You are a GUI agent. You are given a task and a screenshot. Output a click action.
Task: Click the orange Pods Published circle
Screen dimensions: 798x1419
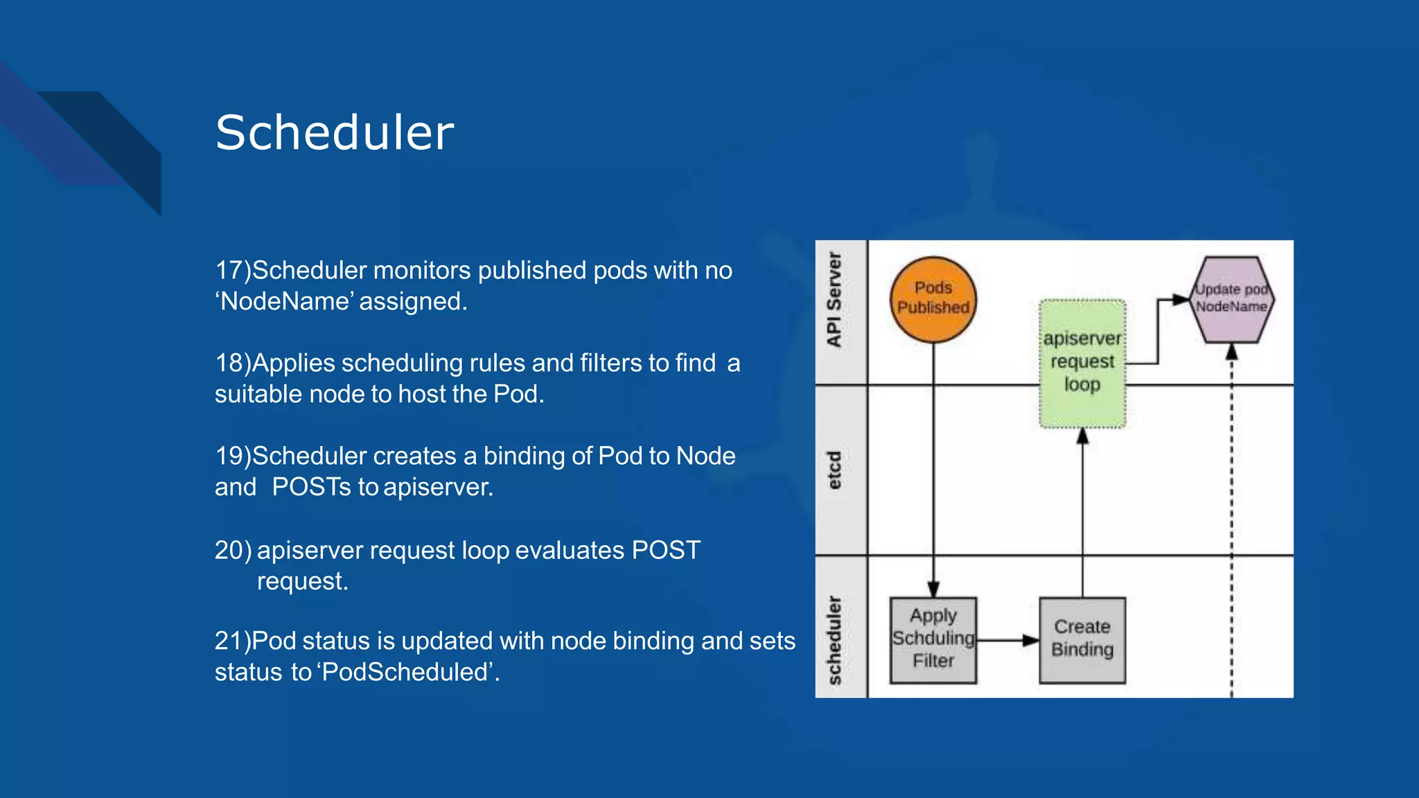pyautogui.click(x=933, y=299)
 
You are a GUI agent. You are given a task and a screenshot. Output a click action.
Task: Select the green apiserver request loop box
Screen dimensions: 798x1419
pyautogui.click(x=1082, y=364)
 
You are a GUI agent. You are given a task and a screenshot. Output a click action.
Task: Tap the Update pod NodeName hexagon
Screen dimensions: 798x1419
pyautogui.click(x=1231, y=299)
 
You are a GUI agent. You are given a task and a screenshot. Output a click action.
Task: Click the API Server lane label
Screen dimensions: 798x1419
pyautogui.click(x=834, y=300)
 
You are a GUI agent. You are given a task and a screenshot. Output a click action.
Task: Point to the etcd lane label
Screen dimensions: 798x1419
pyautogui.click(x=834, y=470)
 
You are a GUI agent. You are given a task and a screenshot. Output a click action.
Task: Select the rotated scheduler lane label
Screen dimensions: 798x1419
pyautogui.click(x=834, y=639)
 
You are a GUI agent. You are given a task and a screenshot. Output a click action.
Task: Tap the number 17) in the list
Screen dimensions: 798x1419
pyautogui.click(x=233, y=270)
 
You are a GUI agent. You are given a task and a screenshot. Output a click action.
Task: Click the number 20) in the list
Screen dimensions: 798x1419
pyautogui.click(x=233, y=550)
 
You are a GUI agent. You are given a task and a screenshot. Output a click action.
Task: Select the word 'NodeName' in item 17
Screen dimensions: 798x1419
pyautogui.click(x=285, y=302)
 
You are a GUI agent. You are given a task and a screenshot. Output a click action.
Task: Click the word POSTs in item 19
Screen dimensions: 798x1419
pyautogui.click(x=312, y=487)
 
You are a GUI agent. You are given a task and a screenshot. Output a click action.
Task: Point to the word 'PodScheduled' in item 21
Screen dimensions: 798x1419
pyautogui.click(x=405, y=672)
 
